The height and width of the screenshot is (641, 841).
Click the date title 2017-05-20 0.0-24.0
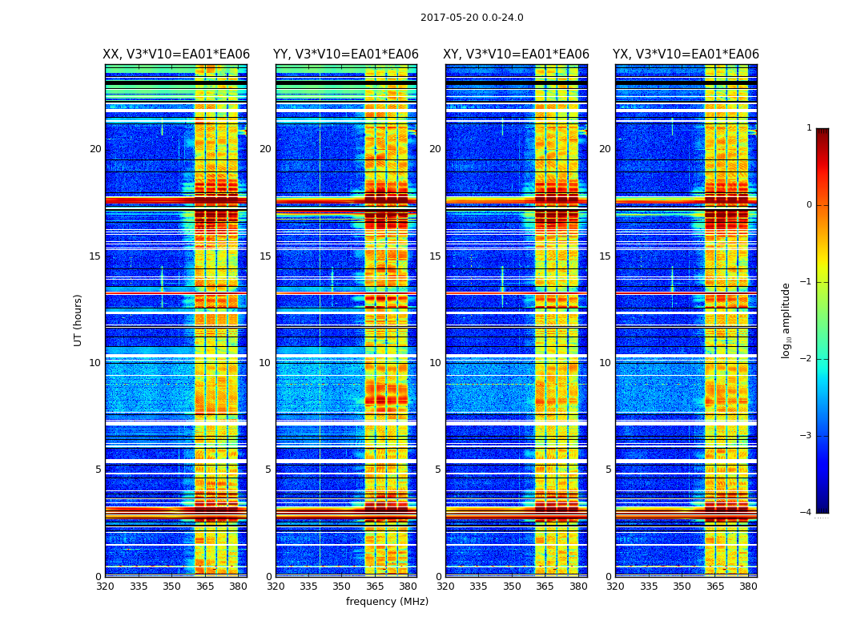click(472, 18)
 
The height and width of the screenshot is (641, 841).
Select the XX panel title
click(176, 54)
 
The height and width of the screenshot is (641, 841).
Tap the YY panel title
click(346, 54)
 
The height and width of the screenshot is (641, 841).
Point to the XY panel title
click(517, 54)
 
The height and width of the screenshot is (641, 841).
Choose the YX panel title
click(686, 54)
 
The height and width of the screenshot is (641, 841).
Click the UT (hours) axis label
click(78, 320)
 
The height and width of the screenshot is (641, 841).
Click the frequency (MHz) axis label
click(387, 602)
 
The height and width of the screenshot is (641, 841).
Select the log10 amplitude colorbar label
click(787, 320)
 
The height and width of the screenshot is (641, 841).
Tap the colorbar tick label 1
click(808, 128)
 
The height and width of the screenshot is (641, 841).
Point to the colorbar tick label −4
click(806, 513)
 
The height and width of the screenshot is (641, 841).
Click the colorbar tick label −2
click(806, 359)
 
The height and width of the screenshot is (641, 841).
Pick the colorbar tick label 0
click(808, 205)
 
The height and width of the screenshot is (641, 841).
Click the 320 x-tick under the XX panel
click(105, 587)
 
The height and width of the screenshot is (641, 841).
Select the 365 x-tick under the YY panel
click(375, 587)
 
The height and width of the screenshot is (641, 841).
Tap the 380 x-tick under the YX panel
click(748, 587)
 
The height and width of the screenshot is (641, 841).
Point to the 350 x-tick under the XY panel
click(512, 587)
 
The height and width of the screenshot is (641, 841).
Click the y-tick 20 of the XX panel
click(95, 149)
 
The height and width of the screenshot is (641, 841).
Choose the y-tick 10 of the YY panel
click(265, 363)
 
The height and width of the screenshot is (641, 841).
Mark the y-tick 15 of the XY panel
click(435, 256)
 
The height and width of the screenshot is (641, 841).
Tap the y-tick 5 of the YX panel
click(608, 470)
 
